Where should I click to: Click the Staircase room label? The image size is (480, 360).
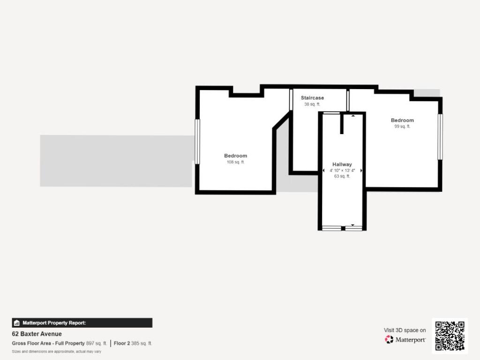coord(312,98)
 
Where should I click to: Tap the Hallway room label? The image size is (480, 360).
coord(342,165)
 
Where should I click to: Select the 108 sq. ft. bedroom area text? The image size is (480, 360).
coord(235,162)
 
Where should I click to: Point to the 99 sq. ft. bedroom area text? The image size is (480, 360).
coord(402,127)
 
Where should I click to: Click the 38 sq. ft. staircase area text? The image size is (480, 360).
coord(312,104)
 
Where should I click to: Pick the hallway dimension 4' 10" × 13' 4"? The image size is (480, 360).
coord(342,171)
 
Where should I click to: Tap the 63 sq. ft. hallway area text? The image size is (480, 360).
coord(342,176)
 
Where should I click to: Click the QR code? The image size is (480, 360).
coord(450,336)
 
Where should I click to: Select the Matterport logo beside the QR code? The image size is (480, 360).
coord(405,339)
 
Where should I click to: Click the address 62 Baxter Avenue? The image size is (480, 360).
coord(37,334)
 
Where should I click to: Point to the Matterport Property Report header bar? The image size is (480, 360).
coord(82,322)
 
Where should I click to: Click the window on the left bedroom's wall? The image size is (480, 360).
coord(197,142)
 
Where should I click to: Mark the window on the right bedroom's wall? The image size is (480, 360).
coord(440,136)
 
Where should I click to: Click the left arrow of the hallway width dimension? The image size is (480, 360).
coord(323,171)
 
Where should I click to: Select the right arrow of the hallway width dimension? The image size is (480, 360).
coord(361,171)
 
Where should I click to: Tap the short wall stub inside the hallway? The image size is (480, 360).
coord(342,124)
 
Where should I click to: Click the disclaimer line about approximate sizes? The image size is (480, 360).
coord(56,351)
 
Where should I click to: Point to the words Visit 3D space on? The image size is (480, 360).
coord(405,330)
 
